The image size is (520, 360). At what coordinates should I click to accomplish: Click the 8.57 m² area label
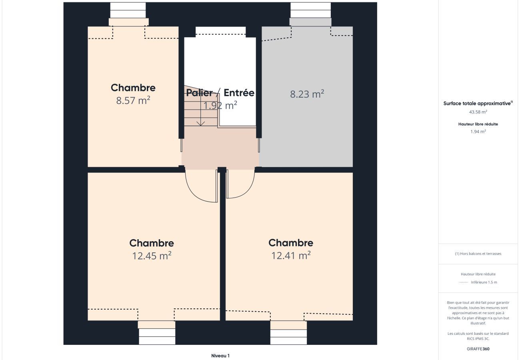click(133, 100)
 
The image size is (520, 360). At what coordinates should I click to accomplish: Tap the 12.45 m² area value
click(152, 256)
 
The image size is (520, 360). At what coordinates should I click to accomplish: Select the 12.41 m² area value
click(291, 256)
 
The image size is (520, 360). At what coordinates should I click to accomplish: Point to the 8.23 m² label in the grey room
click(307, 94)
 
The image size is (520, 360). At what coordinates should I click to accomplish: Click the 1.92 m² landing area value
click(220, 105)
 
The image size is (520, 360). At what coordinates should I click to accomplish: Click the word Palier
click(200, 93)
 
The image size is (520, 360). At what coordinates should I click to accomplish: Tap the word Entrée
click(239, 93)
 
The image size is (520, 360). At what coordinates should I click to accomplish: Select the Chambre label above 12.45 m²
click(152, 243)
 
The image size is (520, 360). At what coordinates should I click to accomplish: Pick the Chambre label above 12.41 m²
click(291, 243)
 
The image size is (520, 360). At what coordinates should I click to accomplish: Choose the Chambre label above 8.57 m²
click(133, 88)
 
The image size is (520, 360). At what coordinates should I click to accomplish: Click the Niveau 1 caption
click(220, 356)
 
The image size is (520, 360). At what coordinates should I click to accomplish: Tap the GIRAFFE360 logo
click(478, 349)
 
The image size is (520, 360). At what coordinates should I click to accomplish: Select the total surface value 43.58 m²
click(478, 112)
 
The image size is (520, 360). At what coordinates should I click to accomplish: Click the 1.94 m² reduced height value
click(478, 132)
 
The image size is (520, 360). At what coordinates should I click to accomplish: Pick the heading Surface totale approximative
click(477, 104)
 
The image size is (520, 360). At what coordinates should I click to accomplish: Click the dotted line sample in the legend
click(463, 282)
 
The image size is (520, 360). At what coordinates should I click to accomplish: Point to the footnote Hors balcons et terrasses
click(478, 254)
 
